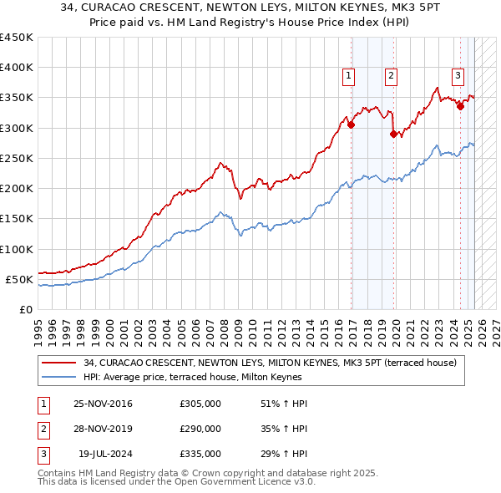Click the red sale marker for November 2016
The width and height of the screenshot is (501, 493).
click(352, 125)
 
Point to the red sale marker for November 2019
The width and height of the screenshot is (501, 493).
click(393, 132)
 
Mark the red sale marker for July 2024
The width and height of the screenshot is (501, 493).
click(460, 106)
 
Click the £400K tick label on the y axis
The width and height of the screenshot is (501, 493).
click(17, 68)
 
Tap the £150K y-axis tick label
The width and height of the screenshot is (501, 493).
click(17, 219)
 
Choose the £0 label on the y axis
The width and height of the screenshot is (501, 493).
click(25, 310)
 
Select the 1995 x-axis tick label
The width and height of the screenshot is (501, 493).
click(38, 325)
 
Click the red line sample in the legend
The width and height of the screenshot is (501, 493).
click(58, 363)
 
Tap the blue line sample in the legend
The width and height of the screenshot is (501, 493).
click(58, 378)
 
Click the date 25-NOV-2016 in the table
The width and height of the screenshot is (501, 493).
click(103, 404)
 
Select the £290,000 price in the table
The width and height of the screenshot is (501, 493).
click(200, 429)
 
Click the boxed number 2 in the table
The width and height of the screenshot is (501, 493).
click(42, 429)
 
